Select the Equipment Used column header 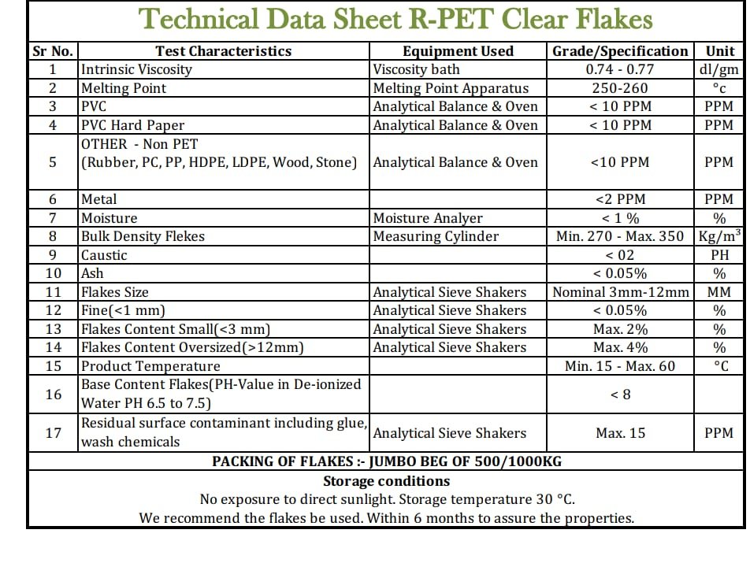coord(458,51)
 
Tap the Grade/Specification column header coord(620,51)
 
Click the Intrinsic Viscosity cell coord(136,69)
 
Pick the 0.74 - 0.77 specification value coord(620,69)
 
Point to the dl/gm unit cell coord(718,69)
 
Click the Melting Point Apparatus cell coord(451,88)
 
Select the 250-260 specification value coord(620,88)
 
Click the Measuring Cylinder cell coord(436,236)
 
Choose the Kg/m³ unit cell coord(718,235)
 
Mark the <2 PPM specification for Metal coord(620,200)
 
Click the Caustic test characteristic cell coord(104,255)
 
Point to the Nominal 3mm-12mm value coord(620,292)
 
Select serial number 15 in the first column coord(53,366)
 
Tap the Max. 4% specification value coord(620,347)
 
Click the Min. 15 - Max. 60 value coord(620,366)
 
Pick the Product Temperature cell coord(150,366)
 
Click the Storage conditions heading coord(386,481)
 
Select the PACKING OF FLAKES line coord(386,461)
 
